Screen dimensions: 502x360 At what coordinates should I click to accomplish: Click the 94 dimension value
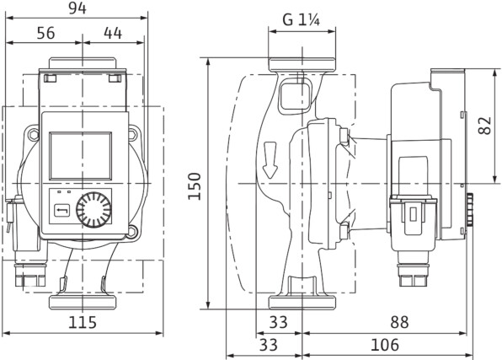tap(77, 8)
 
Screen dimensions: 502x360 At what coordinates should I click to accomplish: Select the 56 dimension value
tap(45, 33)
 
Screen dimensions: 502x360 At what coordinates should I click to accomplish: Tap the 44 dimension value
tap(113, 33)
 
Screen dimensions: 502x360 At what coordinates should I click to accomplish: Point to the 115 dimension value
tap(83, 322)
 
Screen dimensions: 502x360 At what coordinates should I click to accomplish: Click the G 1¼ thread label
tap(302, 20)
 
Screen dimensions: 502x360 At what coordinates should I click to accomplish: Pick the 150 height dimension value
tap(195, 186)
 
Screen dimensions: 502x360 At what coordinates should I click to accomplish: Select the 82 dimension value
tap(484, 126)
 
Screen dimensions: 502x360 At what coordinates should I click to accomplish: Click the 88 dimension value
tap(399, 322)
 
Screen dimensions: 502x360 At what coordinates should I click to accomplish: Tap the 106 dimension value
tap(385, 345)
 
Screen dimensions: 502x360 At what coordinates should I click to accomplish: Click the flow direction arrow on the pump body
tap(270, 159)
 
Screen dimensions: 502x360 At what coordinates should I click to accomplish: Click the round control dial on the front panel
tap(94, 210)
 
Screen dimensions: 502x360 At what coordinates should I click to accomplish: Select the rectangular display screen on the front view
tap(81, 156)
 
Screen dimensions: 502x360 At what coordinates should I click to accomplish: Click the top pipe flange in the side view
tap(302, 64)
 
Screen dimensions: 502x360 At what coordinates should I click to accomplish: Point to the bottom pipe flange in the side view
tap(302, 303)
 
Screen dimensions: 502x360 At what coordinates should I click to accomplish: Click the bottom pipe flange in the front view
tap(83, 303)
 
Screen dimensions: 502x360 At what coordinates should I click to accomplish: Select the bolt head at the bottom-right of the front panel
tap(132, 232)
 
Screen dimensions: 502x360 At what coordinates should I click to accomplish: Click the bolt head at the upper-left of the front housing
tap(33, 135)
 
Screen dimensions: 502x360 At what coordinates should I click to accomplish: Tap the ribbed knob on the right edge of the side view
tap(469, 210)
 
